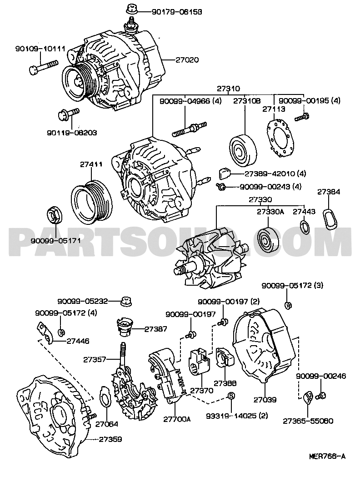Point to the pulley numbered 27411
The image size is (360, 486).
[91, 201]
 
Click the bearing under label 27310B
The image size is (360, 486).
[242, 150]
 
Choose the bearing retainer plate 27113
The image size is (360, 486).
[279, 140]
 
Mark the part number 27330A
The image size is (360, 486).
[270, 212]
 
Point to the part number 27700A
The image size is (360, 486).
[177, 419]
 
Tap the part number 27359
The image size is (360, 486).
[111, 440]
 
